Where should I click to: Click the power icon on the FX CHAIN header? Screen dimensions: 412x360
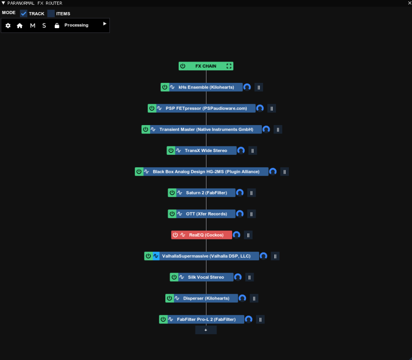tap(183, 66)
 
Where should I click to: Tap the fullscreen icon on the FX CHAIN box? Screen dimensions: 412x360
tap(229, 66)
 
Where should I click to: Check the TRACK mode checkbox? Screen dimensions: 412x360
tap(24, 13)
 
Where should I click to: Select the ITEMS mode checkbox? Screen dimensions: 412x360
tap(51, 13)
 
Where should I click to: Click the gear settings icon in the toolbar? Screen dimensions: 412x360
tap(8, 25)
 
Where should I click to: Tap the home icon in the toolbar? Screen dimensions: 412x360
tap(20, 25)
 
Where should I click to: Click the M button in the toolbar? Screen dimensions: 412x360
tap(33, 25)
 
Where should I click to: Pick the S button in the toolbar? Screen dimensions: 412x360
tap(44, 25)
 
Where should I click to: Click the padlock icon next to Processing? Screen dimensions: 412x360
tap(57, 25)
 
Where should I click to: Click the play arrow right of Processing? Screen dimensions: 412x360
tap(105, 24)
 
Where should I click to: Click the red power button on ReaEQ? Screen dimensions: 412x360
tap(175, 235)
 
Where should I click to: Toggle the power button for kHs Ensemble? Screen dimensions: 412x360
tap(165, 87)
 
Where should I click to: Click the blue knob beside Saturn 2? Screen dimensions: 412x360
tap(240, 193)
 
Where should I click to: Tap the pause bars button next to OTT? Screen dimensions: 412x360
tap(251, 214)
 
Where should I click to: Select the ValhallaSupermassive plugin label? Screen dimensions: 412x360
tap(206, 256)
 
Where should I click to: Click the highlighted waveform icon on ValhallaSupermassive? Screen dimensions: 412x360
tap(156, 256)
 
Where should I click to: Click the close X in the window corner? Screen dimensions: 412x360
tap(409, 3)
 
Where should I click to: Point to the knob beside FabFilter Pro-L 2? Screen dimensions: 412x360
tap(249, 319)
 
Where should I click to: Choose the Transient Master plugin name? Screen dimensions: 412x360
tap(206, 129)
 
